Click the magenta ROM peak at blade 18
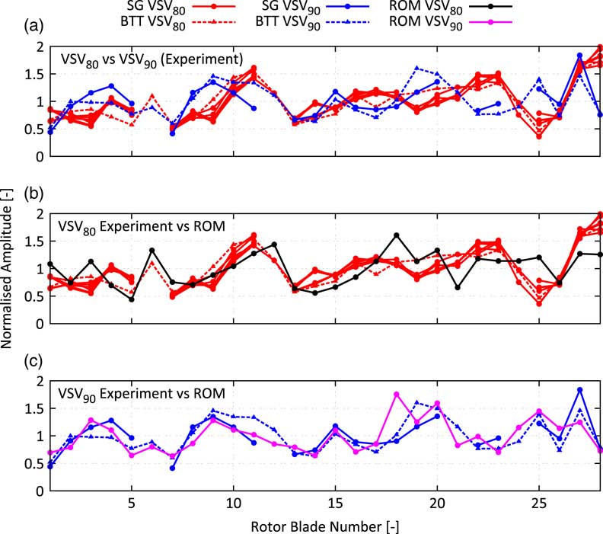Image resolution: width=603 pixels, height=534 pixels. (x=397, y=394)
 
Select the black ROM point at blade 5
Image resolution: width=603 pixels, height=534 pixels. (x=132, y=299)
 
